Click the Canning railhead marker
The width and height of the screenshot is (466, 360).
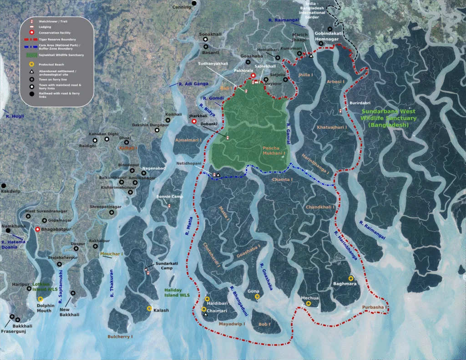tap(194, 3)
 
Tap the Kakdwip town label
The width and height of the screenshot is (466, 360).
tap(10, 192)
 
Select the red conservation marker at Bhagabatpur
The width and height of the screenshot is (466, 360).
tap(37, 230)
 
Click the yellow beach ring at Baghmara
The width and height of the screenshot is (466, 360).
tap(351, 278)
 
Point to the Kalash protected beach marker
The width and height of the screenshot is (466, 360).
tap(149, 309)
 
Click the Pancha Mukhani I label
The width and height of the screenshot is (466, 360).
tap(274, 151)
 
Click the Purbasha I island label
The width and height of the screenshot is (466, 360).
tap(374, 307)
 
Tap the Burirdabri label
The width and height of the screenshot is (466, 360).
tap(360, 103)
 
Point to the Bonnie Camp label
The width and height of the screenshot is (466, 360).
tap(169, 197)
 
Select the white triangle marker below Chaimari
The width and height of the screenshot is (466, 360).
tap(206, 314)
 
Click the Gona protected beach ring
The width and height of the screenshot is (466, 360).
tap(257, 296)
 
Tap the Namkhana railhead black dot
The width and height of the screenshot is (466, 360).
tap(8, 231)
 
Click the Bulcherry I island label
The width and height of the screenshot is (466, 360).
tap(120, 337)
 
